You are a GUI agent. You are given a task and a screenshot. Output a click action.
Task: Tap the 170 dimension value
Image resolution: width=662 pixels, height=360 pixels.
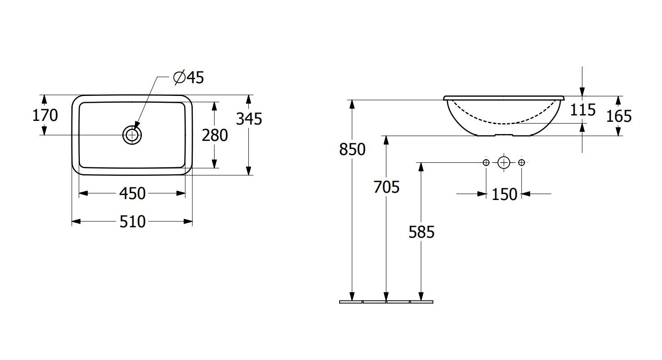point(45,115)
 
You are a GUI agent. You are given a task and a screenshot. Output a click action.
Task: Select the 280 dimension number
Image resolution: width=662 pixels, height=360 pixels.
point(215,135)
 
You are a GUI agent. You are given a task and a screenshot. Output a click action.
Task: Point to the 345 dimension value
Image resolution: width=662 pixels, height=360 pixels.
point(249,119)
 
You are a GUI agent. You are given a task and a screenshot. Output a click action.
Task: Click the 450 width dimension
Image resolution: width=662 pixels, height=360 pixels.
point(132,194)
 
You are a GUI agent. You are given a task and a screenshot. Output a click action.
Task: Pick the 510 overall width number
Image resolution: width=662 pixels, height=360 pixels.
point(132,221)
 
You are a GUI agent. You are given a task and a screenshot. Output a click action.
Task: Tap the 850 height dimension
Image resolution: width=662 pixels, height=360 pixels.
point(352,149)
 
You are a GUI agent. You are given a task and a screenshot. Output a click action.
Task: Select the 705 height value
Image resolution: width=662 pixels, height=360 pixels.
point(386,187)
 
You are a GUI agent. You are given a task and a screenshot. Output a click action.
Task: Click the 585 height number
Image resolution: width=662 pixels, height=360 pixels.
point(421,232)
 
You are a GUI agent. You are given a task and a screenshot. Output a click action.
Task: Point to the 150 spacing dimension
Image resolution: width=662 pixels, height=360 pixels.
point(504,195)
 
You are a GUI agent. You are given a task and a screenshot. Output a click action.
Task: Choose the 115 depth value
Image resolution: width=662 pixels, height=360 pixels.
point(582,110)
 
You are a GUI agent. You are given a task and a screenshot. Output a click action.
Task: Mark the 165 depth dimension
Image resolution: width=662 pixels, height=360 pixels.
point(619,116)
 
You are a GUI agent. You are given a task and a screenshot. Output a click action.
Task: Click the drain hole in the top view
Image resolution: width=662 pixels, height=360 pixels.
point(132,135)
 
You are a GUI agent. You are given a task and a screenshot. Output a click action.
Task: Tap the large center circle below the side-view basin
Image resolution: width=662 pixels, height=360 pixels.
point(503,162)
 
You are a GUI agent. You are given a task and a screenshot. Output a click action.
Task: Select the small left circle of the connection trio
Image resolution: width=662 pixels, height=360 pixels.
point(486,162)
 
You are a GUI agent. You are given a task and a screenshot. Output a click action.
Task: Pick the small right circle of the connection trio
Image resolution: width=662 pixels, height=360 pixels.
point(522,162)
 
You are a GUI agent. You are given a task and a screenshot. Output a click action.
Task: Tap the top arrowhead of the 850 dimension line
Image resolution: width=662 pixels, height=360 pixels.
point(352,104)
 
